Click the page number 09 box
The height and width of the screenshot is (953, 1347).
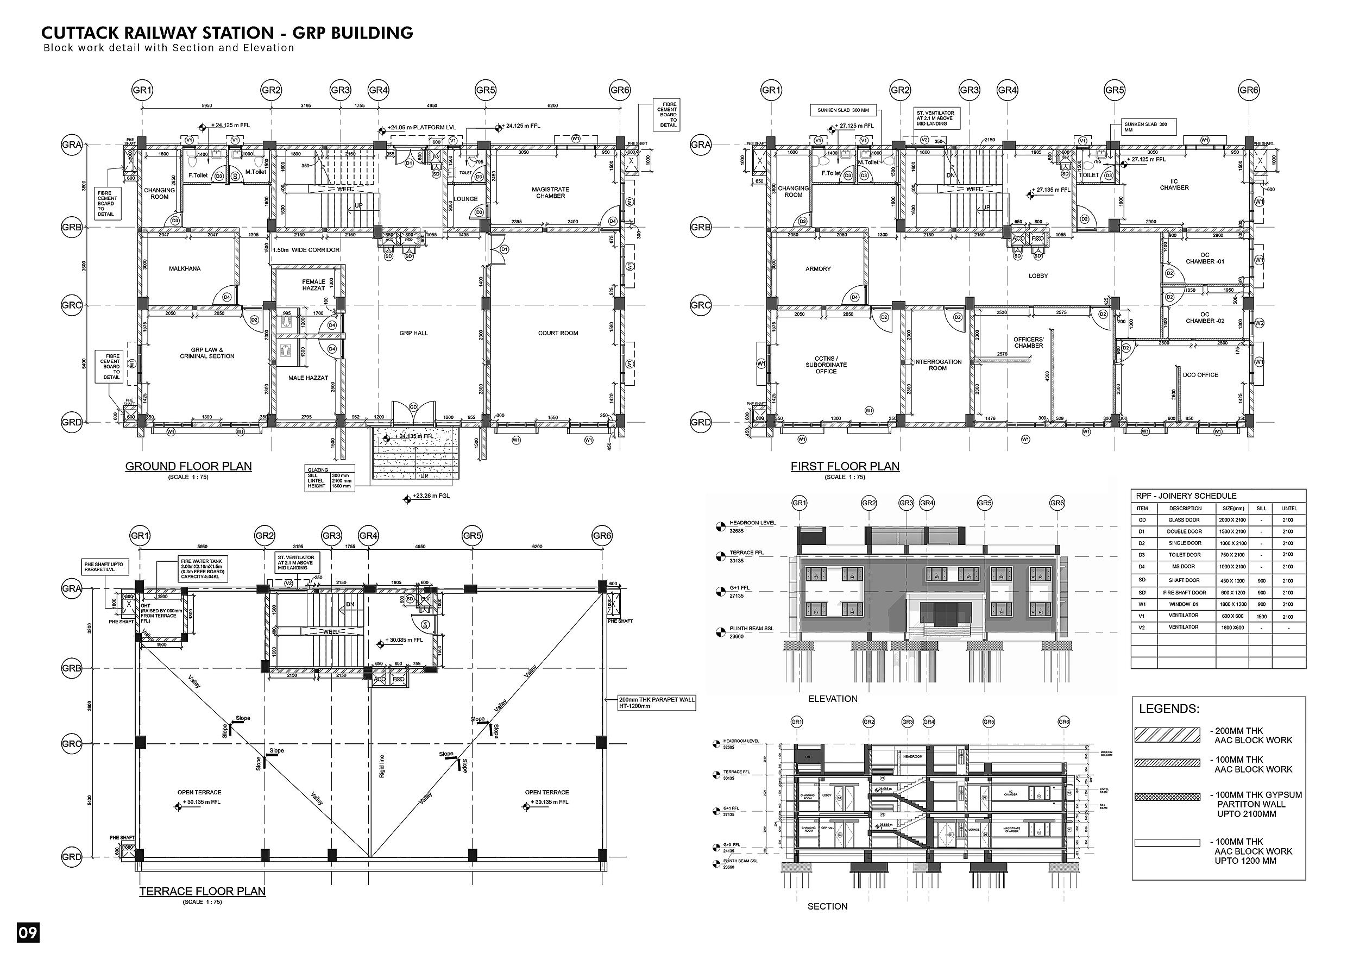[x=28, y=932]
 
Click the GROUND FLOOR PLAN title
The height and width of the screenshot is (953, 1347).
[x=188, y=467]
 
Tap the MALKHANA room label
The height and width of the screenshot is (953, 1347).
[x=185, y=269]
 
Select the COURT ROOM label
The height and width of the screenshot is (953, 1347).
[x=558, y=333]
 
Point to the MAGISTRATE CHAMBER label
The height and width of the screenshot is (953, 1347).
[x=550, y=192]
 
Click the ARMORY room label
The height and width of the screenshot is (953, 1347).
[x=818, y=269]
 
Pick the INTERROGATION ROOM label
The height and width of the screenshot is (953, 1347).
[x=937, y=365]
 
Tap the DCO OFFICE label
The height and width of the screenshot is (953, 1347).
[x=1200, y=375]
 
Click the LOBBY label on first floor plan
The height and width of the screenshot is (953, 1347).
[x=1038, y=276]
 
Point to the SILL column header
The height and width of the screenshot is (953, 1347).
[x=1261, y=508]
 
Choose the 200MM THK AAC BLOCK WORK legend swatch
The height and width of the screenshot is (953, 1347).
[x=1167, y=735]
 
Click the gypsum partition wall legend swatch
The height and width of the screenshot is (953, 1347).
[x=1167, y=797]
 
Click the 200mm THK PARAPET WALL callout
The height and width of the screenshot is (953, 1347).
[x=657, y=703]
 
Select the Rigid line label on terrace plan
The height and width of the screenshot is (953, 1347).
[x=382, y=766]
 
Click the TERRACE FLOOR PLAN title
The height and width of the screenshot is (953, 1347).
[x=203, y=892]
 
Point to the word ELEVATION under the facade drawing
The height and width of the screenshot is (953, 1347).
[x=833, y=699]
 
